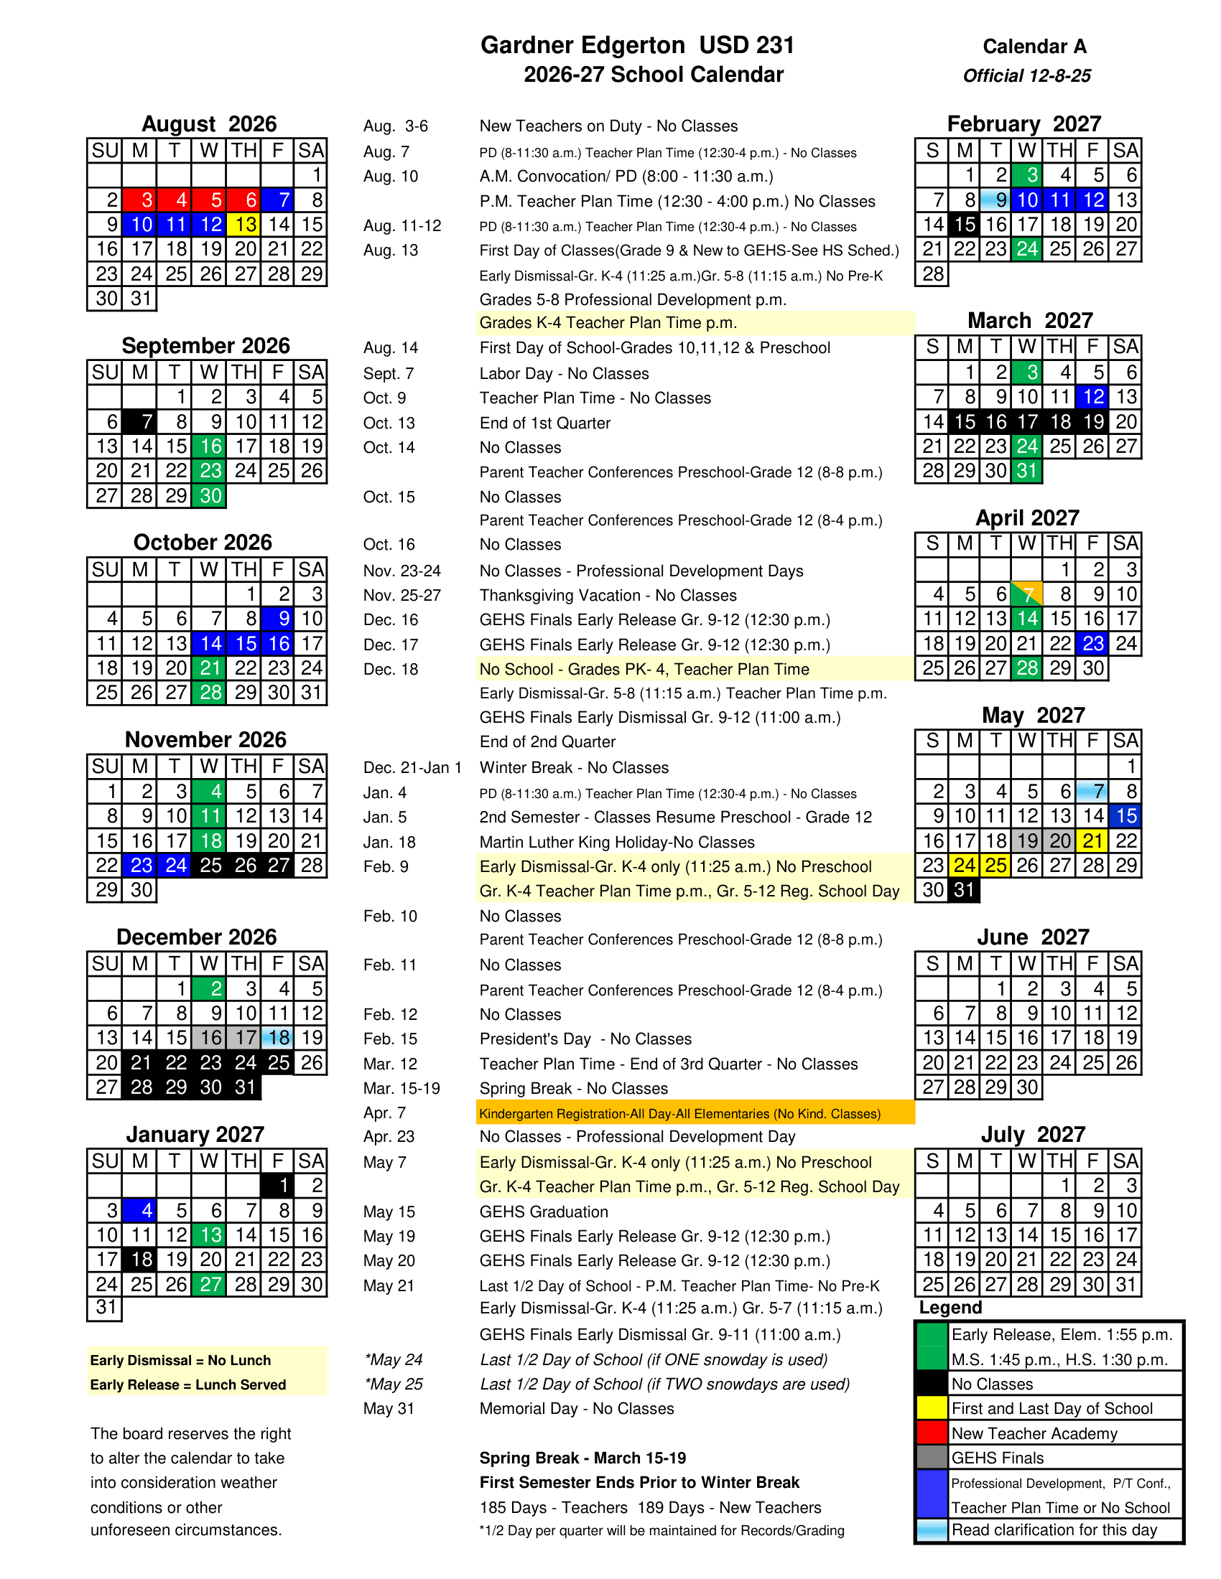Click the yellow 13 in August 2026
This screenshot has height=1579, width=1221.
pos(243,225)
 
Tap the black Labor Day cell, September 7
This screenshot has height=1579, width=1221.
pos(139,421)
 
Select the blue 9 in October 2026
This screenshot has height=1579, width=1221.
pos(278,619)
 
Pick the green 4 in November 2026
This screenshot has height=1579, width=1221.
pos(209,792)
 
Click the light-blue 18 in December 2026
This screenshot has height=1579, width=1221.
pos(278,1039)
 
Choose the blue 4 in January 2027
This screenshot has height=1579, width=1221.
pos(139,1210)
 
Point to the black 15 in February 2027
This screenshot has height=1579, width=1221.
pos(963,225)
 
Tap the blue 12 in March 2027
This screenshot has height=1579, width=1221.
pos(1092,397)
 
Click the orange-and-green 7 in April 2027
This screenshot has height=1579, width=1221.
pos(1026,594)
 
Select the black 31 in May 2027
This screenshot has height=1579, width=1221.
pos(963,890)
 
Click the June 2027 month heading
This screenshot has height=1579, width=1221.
pos(1032,937)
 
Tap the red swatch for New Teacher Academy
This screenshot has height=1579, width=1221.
pos(932,1433)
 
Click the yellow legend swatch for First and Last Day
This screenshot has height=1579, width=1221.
pos(932,1407)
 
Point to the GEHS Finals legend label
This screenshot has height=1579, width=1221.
pos(998,1458)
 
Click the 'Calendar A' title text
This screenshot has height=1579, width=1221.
pos(1034,47)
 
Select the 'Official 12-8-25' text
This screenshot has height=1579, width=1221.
pos(1026,76)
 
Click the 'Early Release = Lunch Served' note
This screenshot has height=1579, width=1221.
pos(188,1384)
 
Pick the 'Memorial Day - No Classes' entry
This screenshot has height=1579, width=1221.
pos(577,1408)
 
